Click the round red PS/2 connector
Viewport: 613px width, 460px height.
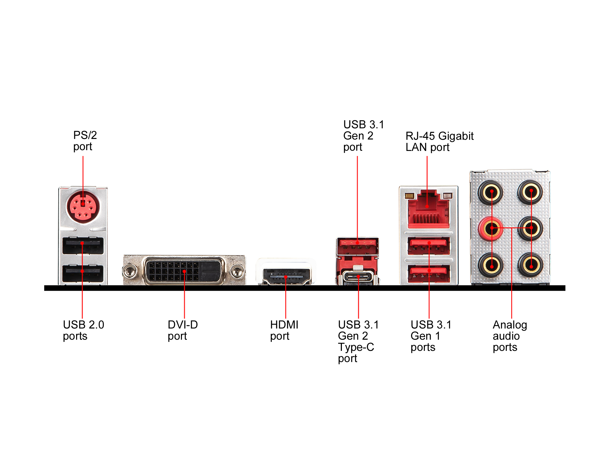(83, 207)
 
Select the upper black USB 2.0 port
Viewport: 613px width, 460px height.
(83, 246)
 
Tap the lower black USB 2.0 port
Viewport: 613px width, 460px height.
(83, 274)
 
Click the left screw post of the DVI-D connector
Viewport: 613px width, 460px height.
(129, 271)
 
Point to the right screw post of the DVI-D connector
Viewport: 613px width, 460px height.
(236, 271)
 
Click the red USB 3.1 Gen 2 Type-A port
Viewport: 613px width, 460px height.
(358, 246)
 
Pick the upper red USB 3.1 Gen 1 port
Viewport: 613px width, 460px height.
(429, 246)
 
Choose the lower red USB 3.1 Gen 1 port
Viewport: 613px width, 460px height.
(429, 273)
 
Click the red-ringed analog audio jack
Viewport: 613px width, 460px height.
(491, 228)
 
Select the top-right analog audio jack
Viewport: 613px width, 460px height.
(531, 192)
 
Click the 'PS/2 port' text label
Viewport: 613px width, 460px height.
(85, 141)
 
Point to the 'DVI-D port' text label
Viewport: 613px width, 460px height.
(183, 330)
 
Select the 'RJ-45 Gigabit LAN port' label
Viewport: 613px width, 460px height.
(439, 141)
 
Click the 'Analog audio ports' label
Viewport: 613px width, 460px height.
(509, 335)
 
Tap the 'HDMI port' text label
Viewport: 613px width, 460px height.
(284, 330)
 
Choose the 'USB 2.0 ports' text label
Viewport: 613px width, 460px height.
(83, 330)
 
